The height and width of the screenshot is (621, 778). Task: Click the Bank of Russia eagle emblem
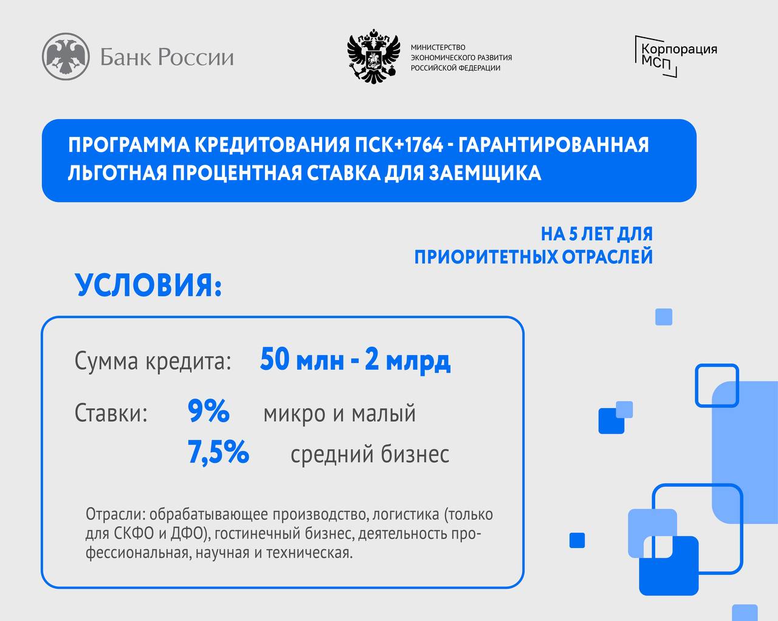click(x=66, y=57)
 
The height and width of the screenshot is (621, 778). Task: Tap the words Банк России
click(x=167, y=57)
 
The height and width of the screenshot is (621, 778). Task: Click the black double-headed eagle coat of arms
click(x=374, y=57)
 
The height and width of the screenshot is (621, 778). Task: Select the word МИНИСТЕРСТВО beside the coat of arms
click(x=438, y=47)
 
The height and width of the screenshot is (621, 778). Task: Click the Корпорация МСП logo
click(x=676, y=57)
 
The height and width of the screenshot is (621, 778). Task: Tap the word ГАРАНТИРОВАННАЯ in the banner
click(x=554, y=145)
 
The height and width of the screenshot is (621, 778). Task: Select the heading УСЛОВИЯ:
click(x=148, y=285)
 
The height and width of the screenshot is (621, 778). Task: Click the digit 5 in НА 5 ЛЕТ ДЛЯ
click(x=573, y=234)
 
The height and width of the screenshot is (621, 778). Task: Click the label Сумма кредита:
click(x=153, y=361)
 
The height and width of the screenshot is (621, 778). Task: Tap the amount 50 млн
click(x=302, y=359)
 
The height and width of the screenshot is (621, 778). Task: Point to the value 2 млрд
click(x=408, y=360)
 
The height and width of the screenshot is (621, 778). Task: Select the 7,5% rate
click(x=218, y=452)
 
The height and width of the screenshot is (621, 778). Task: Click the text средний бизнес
click(x=370, y=454)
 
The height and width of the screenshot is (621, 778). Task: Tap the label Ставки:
click(x=111, y=412)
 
